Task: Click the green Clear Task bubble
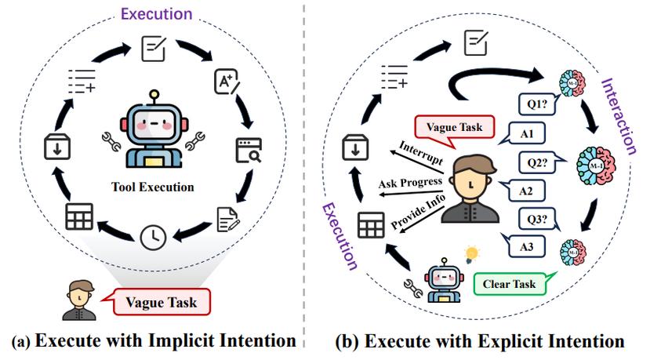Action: [507, 282]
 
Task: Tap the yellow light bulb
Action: [472, 253]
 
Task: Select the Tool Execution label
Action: [154, 187]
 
